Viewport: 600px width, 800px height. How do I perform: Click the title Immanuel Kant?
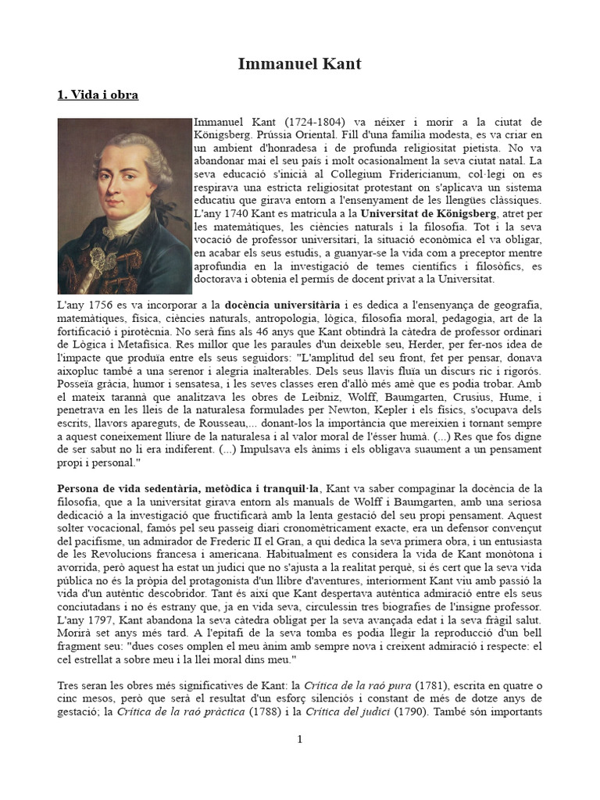coord(299,64)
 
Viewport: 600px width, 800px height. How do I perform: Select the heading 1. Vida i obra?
coord(98,95)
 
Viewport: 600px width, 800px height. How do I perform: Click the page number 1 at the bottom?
coord(299,739)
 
